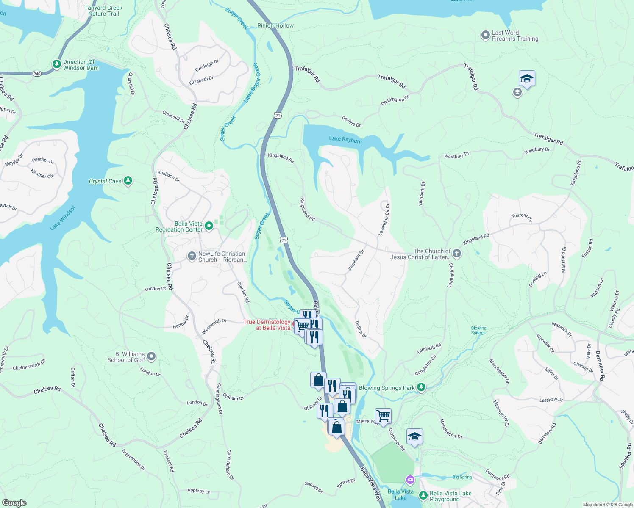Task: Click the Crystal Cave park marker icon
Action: (x=128, y=181)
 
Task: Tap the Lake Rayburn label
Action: (x=345, y=139)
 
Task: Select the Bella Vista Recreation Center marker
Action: (x=209, y=226)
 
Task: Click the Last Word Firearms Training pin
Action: (x=486, y=36)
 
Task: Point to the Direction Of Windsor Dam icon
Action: (x=57, y=64)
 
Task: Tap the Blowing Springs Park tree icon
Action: (x=421, y=387)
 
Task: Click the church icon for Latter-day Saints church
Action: (x=456, y=254)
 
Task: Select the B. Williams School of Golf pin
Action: (x=151, y=356)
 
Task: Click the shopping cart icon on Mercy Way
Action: (x=383, y=416)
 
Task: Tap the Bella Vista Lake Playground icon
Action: (x=423, y=496)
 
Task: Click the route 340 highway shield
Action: (x=37, y=74)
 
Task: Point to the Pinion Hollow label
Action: (x=275, y=25)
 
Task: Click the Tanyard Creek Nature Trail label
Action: (x=103, y=11)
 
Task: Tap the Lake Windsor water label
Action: (x=62, y=218)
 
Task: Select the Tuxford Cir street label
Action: (x=522, y=217)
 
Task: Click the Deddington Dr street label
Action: (x=395, y=100)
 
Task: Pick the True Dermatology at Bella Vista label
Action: (x=267, y=325)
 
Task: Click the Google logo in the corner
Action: (x=14, y=503)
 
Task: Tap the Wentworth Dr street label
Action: (x=214, y=326)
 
